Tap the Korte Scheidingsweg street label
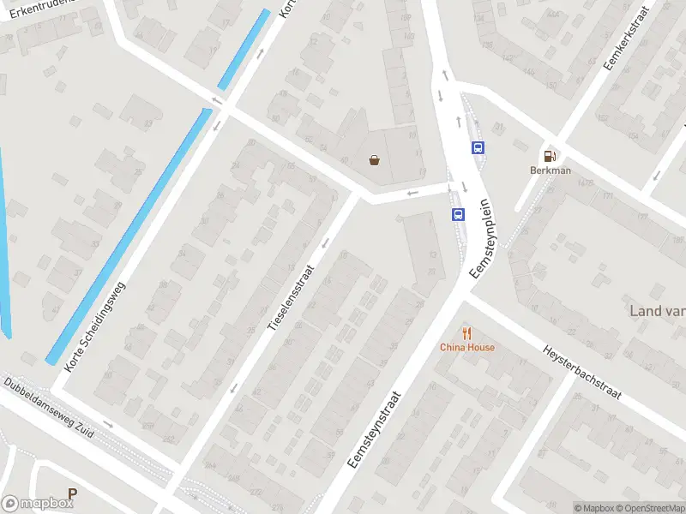coord(95,326)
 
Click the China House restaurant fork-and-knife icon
coord(467,333)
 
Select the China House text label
coord(467,347)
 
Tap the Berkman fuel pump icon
coord(550,156)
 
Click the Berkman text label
coord(550,170)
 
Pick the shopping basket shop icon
coord(375,159)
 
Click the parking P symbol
coord(73,494)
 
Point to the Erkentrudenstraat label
coord(39,9)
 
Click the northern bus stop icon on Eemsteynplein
coord(478,147)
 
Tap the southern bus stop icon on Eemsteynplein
coord(459,214)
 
